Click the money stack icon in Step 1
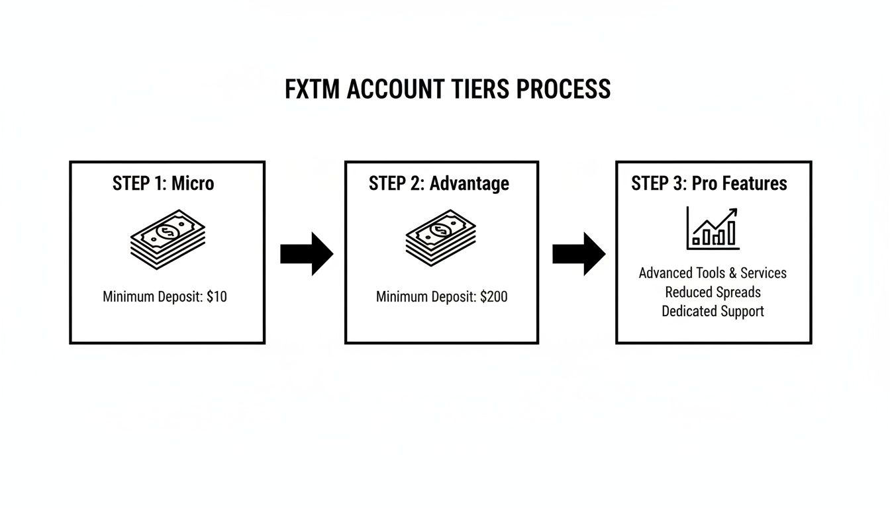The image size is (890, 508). [168, 239]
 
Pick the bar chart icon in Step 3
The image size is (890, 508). [713, 228]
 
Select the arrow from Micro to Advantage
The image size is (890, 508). [306, 253]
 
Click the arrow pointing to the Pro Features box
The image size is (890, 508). [578, 253]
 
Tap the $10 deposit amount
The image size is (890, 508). [217, 297]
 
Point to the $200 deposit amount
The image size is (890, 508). [493, 297]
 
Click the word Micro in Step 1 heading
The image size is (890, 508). [193, 183]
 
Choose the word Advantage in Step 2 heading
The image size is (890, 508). [470, 183]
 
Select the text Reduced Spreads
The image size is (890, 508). [713, 292]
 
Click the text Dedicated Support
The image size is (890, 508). [713, 312]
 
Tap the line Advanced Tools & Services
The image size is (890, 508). [713, 273]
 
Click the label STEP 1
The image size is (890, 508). [139, 183]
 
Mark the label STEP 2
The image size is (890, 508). [396, 183]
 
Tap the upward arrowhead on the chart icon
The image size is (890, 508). [732, 213]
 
